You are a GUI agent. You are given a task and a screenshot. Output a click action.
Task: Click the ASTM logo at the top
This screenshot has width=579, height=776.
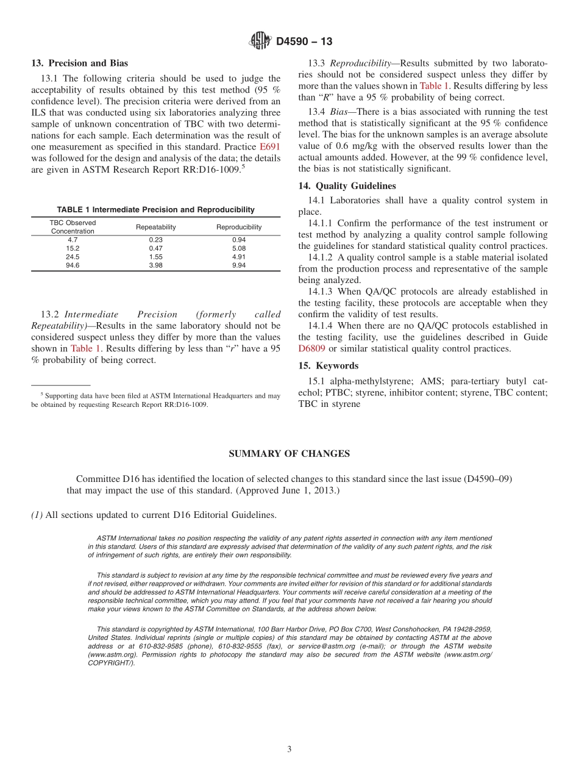(260, 41)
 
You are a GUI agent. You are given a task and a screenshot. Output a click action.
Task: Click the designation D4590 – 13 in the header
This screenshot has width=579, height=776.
(304, 42)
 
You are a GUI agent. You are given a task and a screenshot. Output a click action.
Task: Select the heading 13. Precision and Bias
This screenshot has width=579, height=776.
(80, 63)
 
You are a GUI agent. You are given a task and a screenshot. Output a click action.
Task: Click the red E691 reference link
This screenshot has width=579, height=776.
(270, 147)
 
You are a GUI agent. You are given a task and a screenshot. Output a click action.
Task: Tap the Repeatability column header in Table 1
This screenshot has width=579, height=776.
(155, 227)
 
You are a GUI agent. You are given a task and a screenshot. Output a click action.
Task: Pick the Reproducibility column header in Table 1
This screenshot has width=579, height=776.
(239, 227)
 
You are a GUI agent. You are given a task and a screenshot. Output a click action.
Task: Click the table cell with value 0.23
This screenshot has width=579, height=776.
(155, 240)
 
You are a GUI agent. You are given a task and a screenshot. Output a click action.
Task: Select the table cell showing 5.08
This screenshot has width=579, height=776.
(239, 248)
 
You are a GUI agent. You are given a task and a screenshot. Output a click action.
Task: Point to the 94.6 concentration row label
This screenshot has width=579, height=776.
(73, 265)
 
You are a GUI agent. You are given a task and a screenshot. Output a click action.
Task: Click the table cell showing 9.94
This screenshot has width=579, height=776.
(239, 265)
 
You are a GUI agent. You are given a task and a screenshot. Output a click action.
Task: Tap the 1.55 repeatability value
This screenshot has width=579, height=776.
(155, 257)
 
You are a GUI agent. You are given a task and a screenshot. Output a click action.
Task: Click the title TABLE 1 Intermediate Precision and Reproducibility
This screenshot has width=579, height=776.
(155, 210)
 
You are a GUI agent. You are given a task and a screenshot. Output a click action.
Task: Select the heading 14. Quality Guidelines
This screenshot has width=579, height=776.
(347, 186)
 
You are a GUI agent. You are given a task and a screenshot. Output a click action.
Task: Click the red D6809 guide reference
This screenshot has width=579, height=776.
(311, 349)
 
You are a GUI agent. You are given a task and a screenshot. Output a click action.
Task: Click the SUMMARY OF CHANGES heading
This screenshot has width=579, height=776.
(289, 453)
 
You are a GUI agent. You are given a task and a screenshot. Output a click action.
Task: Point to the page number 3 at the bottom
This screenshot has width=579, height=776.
(289, 750)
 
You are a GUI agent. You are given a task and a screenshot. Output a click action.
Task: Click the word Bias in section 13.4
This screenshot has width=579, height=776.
(338, 112)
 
